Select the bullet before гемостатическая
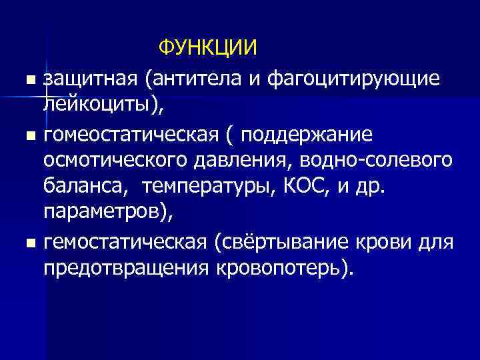tap(27, 244)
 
